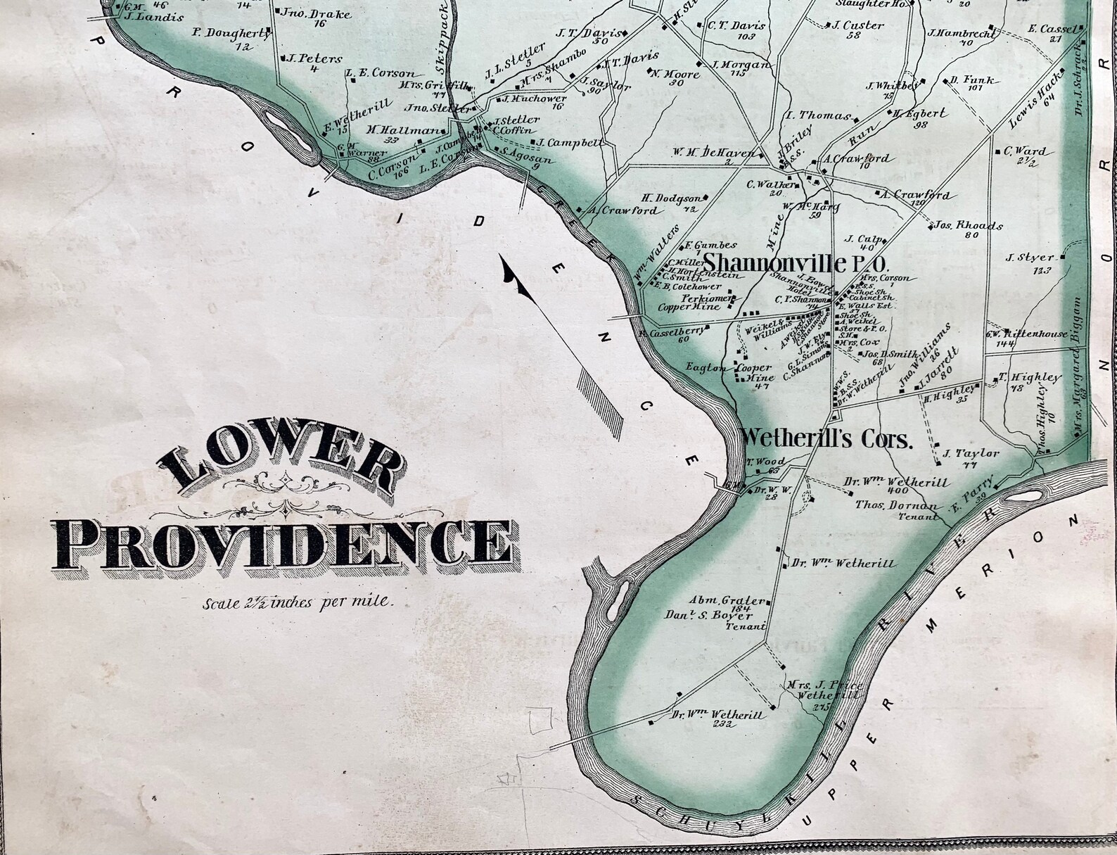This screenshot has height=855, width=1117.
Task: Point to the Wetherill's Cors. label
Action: (x=826, y=439)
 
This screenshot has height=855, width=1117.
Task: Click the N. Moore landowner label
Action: (x=674, y=73)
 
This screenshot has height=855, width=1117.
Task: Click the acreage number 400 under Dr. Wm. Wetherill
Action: (x=898, y=491)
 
